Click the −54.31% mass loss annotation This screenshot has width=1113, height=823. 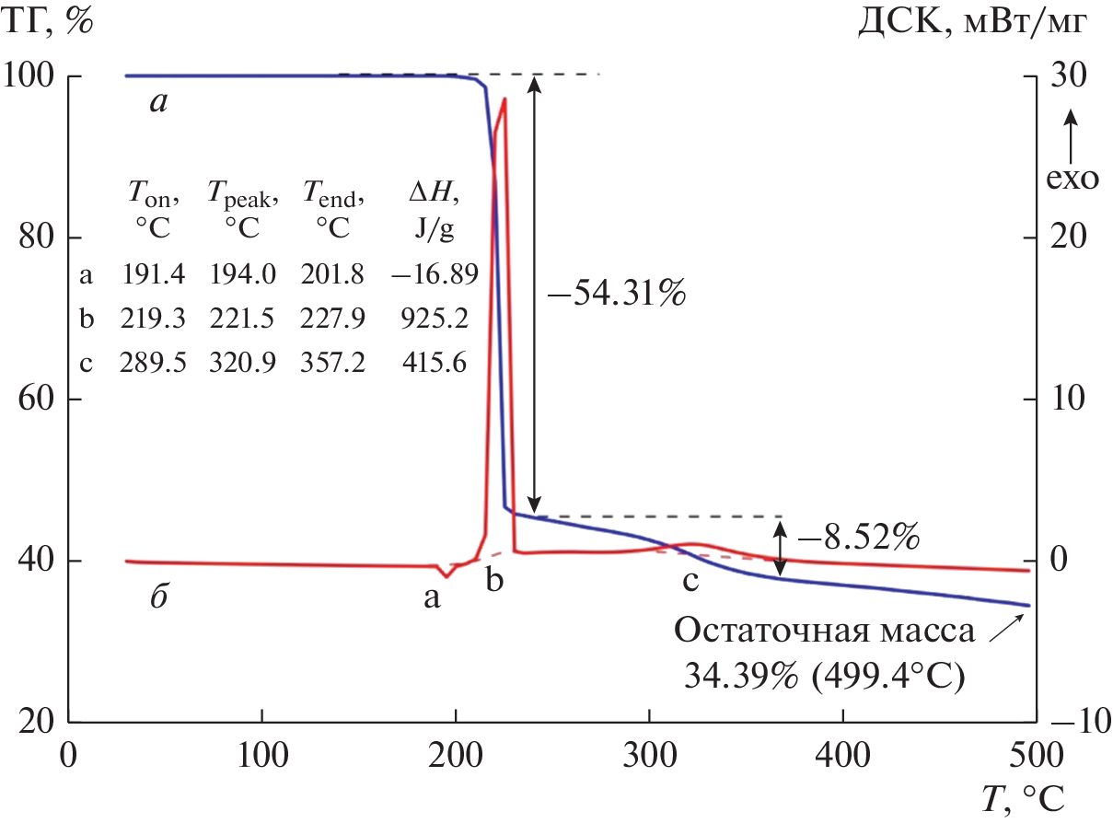616,295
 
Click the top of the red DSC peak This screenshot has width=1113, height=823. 504,99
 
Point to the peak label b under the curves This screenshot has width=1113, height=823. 496,582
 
